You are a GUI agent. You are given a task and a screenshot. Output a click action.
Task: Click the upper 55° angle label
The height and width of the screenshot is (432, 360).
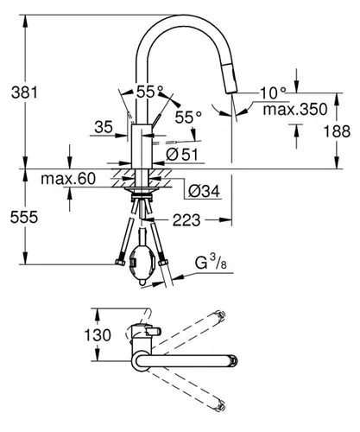149,90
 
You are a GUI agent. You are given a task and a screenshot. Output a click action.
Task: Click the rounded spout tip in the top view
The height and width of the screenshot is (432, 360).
231,356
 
